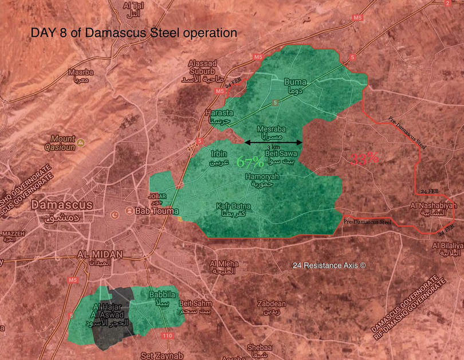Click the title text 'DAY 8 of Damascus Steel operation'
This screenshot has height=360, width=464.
click(133, 33)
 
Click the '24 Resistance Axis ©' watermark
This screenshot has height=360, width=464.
click(328, 266)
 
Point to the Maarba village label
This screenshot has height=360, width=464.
click(81, 76)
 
